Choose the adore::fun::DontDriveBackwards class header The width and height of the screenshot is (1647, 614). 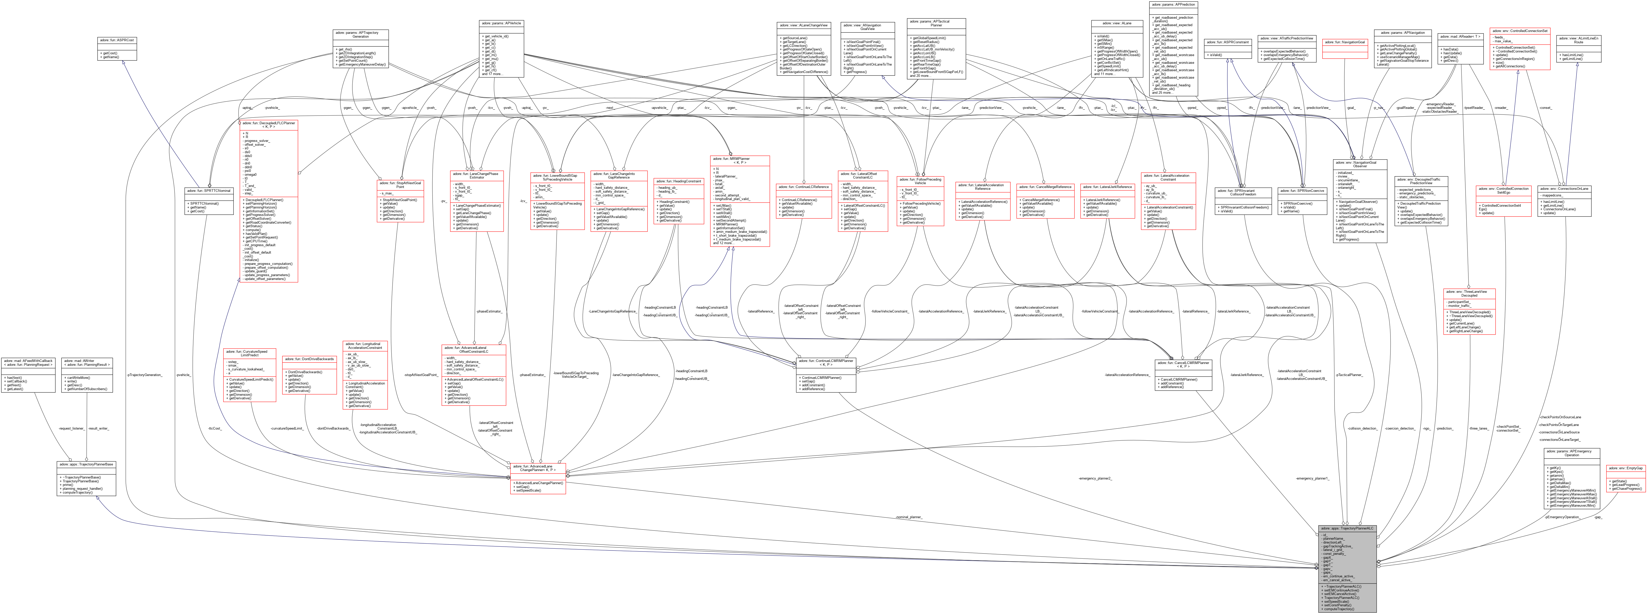310,359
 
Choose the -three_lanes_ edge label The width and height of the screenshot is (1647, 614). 1478,428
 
